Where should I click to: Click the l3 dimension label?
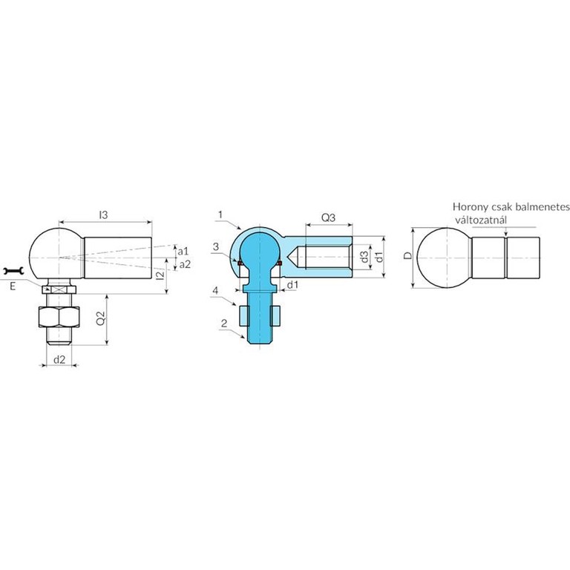[x=104, y=215]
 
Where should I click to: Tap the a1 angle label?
[x=183, y=251]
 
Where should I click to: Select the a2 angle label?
[x=185, y=264]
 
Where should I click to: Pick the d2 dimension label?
[x=59, y=359]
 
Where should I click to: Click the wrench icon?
[x=13, y=271]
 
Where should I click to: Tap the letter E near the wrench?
[x=13, y=286]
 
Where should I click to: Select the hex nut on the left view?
[x=59, y=317]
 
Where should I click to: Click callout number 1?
[x=220, y=214]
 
